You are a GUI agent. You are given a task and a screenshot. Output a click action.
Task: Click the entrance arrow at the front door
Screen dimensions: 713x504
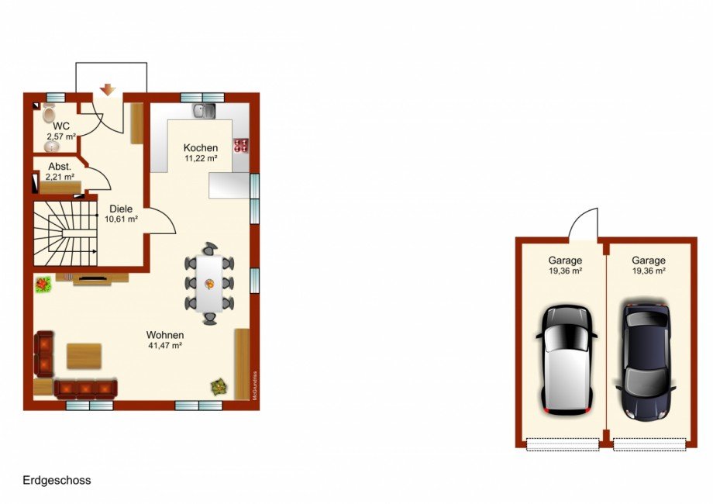click(x=108, y=90)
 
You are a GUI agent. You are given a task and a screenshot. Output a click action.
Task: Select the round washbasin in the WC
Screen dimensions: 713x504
click(x=52, y=146)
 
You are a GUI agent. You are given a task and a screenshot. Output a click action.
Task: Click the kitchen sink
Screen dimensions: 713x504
click(x=204, y=111)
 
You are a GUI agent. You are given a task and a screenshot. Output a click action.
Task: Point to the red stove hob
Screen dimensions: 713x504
click(x=241, y=145)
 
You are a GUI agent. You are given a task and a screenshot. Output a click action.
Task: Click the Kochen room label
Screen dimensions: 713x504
click(x=201, y=148)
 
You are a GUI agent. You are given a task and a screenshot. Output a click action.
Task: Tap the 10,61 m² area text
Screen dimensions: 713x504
click(x=122, y=219)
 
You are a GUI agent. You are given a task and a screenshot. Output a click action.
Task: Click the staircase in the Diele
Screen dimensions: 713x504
click(x=65, y=233)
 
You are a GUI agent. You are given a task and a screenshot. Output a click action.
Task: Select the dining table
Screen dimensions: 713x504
click(x=209, y=284)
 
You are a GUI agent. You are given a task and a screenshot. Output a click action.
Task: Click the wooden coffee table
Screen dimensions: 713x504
click(x=84, y=356)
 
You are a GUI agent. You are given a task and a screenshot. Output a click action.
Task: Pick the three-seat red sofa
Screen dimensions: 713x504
click(x=85, y=389)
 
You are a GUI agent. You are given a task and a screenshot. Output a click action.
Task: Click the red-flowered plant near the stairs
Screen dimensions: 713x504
click(x=43, y=285)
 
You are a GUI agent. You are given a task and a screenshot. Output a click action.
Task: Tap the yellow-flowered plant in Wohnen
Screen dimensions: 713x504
click(x=219, y=387)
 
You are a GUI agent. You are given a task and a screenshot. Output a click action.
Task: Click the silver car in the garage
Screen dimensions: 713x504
click(x=567, y=360)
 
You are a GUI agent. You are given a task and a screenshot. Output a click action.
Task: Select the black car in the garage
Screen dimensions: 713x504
click(x=646, y=361)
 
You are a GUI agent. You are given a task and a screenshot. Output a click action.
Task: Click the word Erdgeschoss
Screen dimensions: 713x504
click(x=57, y=480)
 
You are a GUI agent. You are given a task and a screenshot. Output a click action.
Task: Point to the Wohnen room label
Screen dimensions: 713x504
click(x=165, y=335)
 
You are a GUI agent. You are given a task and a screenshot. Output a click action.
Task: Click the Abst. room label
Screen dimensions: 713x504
click(x=60, y=167)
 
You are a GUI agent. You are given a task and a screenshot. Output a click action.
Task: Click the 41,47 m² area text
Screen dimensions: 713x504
click(x=165, y=345)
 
